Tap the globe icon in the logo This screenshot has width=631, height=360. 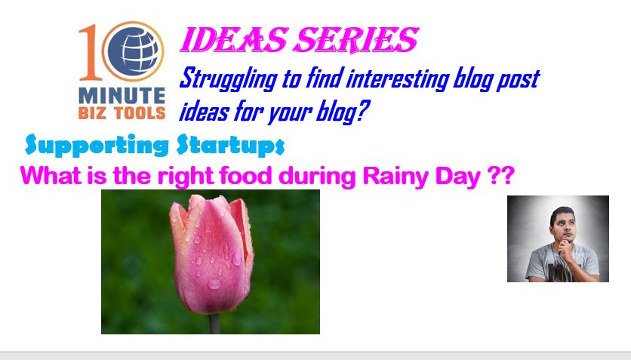coord(133,51)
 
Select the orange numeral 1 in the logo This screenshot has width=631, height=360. coord(89,52)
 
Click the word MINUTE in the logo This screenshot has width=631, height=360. coord(122,96)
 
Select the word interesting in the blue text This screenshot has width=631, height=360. coord(398,78)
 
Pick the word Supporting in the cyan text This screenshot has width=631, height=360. coord(97,145)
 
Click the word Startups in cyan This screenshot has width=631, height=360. coord(231,145)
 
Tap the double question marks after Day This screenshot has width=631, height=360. coord(500,175)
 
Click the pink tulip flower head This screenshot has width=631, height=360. coord(211,254)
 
